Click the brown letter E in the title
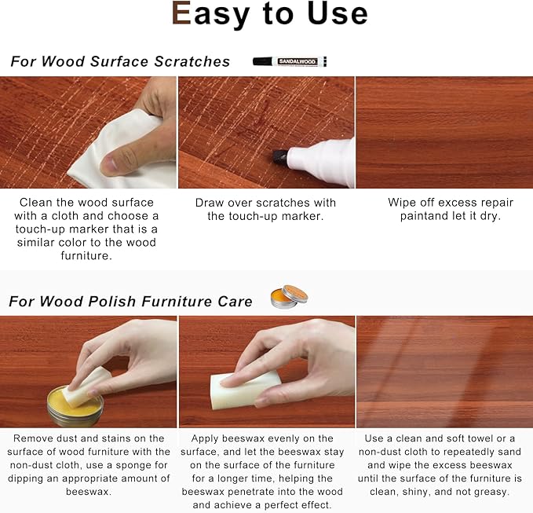coord(182,14)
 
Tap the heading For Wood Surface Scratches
coord(120,61)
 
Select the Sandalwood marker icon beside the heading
coord(290,61)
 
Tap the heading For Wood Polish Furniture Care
coord(131,301)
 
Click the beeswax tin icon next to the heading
coord(288,296)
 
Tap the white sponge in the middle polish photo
coord(250,389)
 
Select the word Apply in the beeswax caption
coord(208,438)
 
